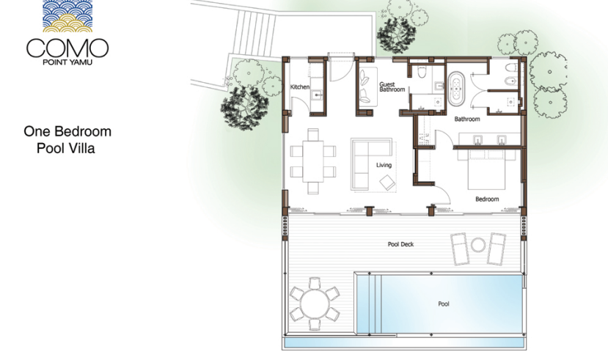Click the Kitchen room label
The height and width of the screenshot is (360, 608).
(300, 87)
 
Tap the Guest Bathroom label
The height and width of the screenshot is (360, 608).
(392, 87)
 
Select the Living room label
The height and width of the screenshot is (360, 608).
(384, 165)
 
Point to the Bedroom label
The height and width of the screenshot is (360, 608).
(487, 199)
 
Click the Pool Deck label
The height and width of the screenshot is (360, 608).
(400, 244)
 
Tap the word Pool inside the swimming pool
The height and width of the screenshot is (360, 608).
(444, 304)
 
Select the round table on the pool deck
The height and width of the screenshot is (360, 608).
(315, 304)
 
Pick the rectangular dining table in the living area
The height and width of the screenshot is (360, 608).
(313, 161)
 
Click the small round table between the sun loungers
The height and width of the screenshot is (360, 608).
(477, 245)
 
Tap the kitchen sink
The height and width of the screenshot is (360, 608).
(318, 94)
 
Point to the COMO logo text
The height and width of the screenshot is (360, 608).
(67, 48)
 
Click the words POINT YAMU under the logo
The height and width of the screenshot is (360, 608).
(67, 62)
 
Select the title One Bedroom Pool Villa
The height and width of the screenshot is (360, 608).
(67, 139)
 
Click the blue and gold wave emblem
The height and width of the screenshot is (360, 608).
(67, 16)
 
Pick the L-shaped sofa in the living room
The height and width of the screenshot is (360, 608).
(371, 164)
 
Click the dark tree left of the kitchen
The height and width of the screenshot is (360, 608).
(244, 109)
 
